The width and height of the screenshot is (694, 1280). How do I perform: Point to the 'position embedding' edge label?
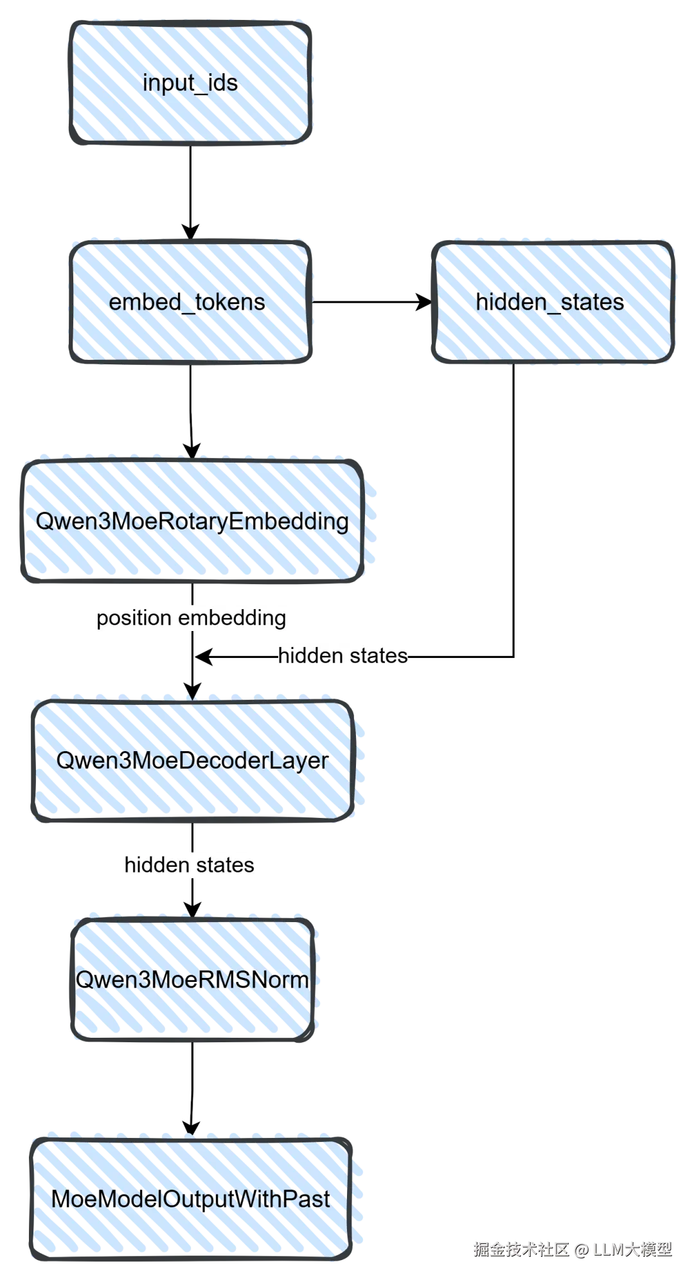coord(191,618)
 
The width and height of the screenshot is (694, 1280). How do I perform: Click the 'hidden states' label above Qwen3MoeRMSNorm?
coord(190,864)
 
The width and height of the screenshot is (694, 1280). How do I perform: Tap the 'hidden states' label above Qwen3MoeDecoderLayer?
coord(344,656)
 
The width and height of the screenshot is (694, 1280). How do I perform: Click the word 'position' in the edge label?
coord(134,618)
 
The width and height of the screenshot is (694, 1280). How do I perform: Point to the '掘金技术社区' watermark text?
coord(520,1249)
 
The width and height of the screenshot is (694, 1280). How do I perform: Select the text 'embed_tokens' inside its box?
coord(187,302)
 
